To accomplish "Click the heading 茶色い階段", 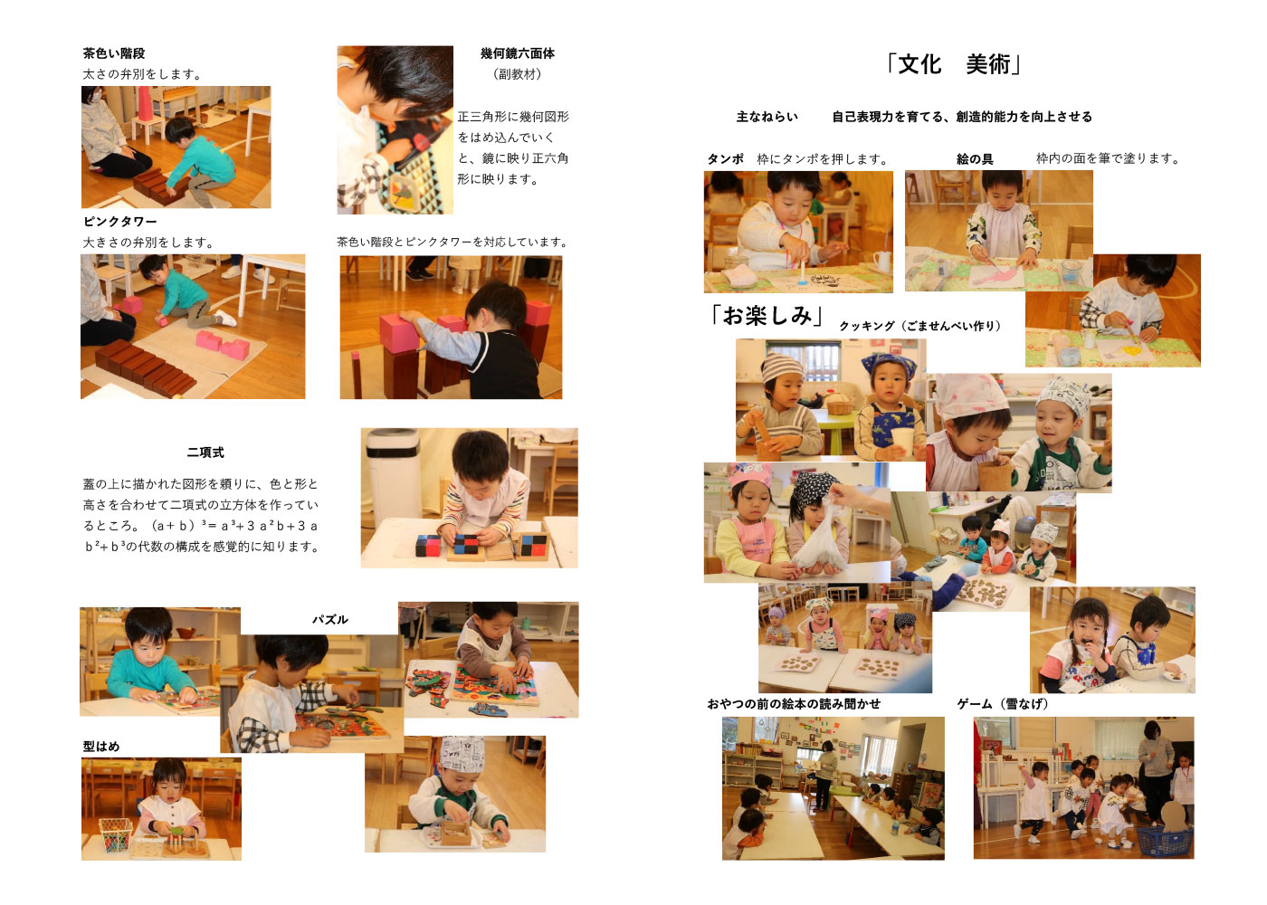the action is [114, 53].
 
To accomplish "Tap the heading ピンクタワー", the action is [119, 221].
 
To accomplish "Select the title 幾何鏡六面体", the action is [518, 53].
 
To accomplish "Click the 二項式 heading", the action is [205, 452].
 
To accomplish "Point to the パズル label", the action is [329, 619].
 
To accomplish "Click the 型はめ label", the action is [101, 746].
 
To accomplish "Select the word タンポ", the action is [726, 159].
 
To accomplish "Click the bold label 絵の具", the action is [975, 159].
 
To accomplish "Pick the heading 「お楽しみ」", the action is [767, 315].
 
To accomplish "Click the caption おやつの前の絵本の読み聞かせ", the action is [794, 704].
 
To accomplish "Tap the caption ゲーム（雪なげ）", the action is [1003, 704].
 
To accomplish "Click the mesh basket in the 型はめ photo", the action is [115, 834].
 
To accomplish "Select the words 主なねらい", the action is [767, 117].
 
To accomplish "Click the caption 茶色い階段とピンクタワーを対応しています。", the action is [452, 243].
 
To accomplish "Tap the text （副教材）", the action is [518, 74].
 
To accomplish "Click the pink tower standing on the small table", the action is [145, 103].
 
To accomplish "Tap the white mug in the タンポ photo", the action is [881, 261].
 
